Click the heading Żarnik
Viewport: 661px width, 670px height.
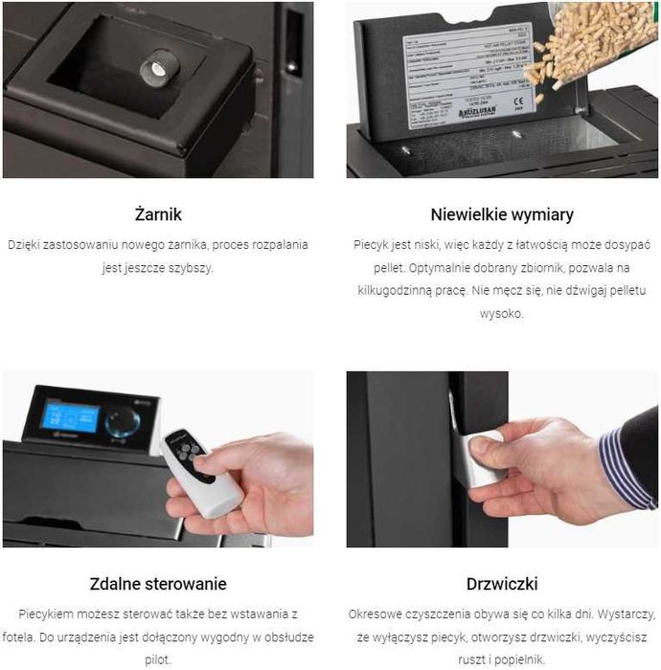click(158, 213)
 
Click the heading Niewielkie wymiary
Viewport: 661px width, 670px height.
click(503, 213)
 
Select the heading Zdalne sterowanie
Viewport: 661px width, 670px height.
click(158, 583)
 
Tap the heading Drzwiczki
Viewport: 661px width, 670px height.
click(503, 583)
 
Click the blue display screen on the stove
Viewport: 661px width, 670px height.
click(70, 416)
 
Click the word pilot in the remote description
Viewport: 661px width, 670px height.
click(158, 659)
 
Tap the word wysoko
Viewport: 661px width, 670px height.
click(503, 313)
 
